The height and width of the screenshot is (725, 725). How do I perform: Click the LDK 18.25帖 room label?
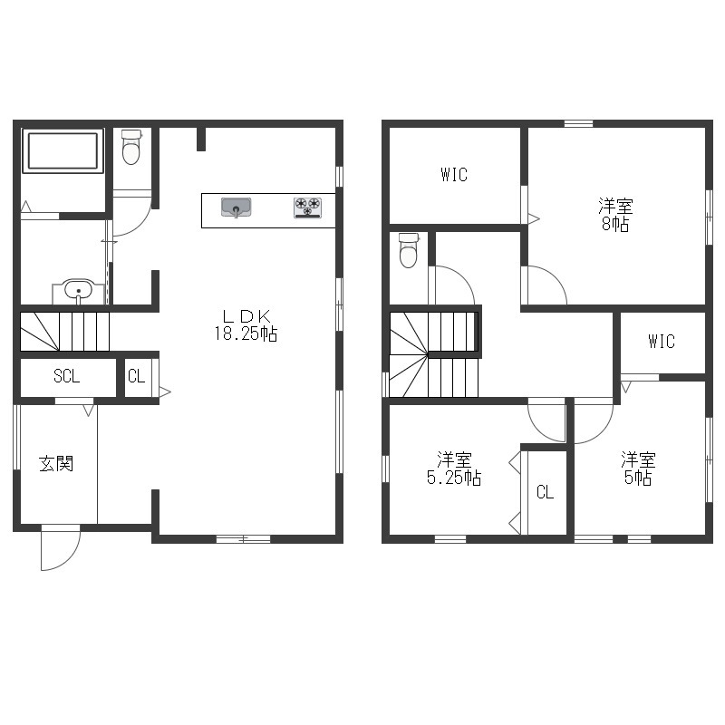(x=246, y=325)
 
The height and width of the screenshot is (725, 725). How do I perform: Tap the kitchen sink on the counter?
(x=236, y=208)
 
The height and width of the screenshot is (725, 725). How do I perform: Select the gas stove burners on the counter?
(x=307, y=208)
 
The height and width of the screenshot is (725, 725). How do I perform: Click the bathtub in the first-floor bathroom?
(x=63, y=151)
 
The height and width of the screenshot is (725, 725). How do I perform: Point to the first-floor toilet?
(x=131, y=147)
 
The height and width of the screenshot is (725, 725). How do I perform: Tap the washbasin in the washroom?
(x=79, y=291)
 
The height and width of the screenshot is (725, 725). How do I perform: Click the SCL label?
(x=66, y=376)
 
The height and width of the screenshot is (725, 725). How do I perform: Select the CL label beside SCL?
(x=137, y=376)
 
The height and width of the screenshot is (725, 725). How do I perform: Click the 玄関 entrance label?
(x=56, y=464)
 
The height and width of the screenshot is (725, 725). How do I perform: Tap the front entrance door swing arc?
(x=70, y=560)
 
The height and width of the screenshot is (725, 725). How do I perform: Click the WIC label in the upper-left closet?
(x=454, y=175)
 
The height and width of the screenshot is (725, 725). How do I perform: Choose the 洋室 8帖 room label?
(x=615, y=215)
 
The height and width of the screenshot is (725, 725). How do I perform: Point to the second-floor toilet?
(x=409, y=250)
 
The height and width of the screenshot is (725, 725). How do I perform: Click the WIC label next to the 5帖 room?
(x=662, y=342)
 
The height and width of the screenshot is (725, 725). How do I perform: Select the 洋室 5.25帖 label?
(x=454, y=469)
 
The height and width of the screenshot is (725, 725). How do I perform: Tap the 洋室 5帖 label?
(x=638, y=469)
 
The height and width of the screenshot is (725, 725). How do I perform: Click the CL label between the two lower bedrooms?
(x=546, y=492)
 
